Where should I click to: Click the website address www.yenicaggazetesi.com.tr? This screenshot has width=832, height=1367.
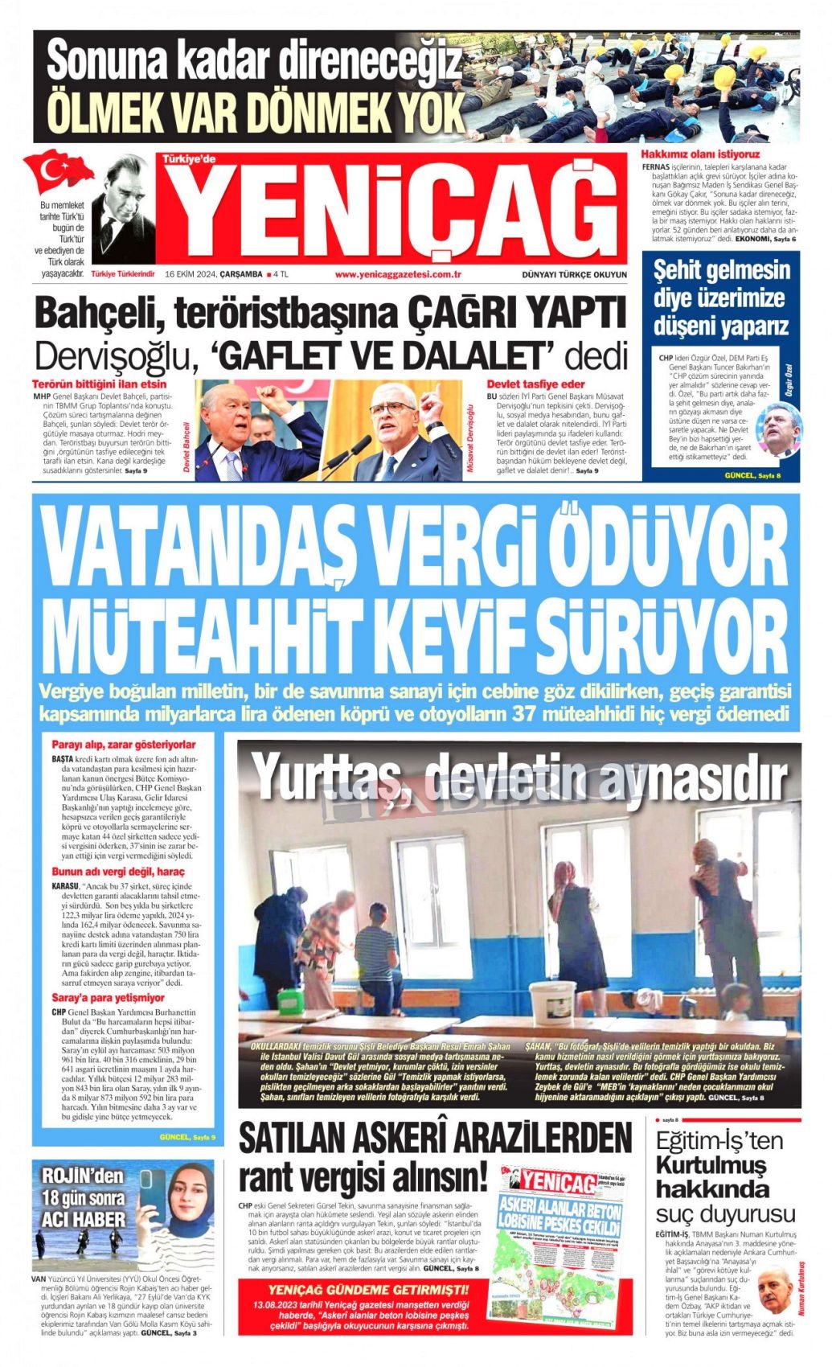click(397, 274)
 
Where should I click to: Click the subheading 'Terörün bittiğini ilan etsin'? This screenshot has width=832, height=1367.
click(100, 384)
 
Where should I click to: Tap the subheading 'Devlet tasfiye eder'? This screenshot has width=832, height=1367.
click(535, 384)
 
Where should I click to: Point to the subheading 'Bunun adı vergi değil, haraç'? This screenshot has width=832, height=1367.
click(118, 872)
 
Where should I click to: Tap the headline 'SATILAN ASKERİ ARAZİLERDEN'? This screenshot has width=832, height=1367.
click(435, 1139)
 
